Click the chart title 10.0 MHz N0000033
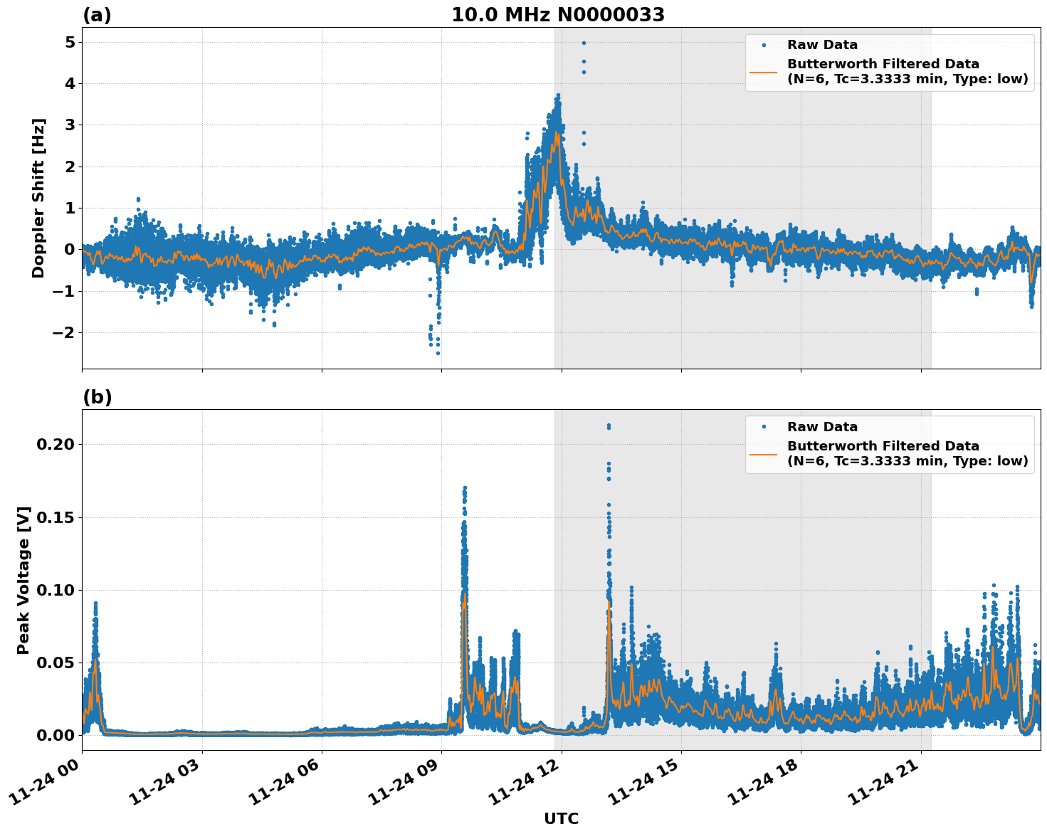click(558, 15)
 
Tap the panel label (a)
click(97, 15)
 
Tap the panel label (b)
click(98, 397)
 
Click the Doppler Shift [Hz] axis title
click(38, 198)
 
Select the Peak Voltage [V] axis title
click(23, 580)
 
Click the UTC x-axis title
click(561, 818)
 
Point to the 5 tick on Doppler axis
click(69, 42)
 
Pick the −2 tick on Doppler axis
click(64, 332)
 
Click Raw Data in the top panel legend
click(822, 46)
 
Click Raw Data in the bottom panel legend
click(822, 427)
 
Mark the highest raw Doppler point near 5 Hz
click(584, 43)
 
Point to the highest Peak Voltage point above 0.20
click(609, 426)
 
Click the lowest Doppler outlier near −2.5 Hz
click(438, 353)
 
